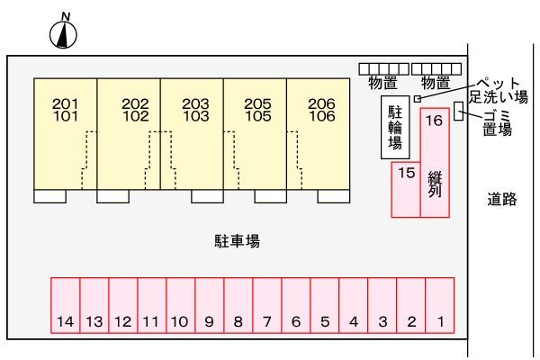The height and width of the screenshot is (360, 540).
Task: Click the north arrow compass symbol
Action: pos(64,34)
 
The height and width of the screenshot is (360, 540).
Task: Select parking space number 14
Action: pos(65,307)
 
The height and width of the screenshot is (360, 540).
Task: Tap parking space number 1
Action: pos(440,307)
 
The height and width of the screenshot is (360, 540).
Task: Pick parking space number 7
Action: pos(267,307)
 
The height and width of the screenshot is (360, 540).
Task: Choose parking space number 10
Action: pos(180,307)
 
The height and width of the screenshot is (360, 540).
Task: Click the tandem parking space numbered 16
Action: pos(435,162)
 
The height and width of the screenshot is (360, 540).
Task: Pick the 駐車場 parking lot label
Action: pos(238,240)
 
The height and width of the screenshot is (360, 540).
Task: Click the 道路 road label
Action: pos(501,200)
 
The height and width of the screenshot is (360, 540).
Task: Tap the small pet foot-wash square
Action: pos(418,98)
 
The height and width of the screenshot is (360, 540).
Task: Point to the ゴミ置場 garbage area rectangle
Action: pos(459,112)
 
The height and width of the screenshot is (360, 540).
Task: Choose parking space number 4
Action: pos(354,307)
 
